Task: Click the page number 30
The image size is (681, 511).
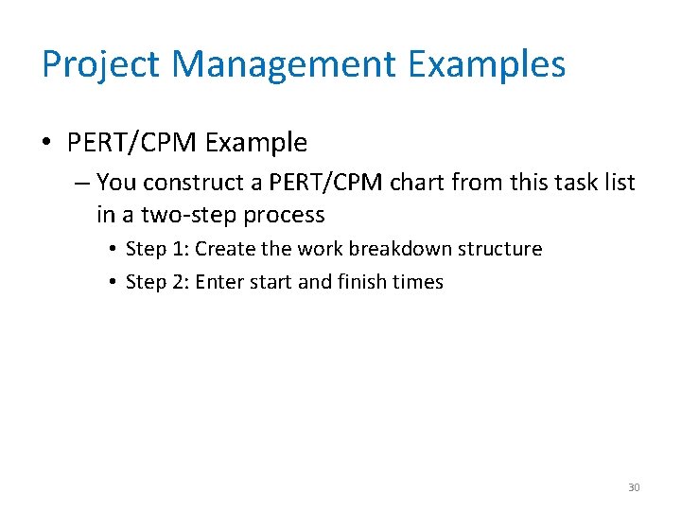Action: [x=634, y=487]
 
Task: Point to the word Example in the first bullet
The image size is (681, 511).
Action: [x=256, y=143]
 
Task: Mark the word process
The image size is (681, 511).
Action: [x=284, y=215]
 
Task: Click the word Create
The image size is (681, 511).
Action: [x=224, y=249]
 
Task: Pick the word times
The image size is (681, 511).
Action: [x=418, y=282]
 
